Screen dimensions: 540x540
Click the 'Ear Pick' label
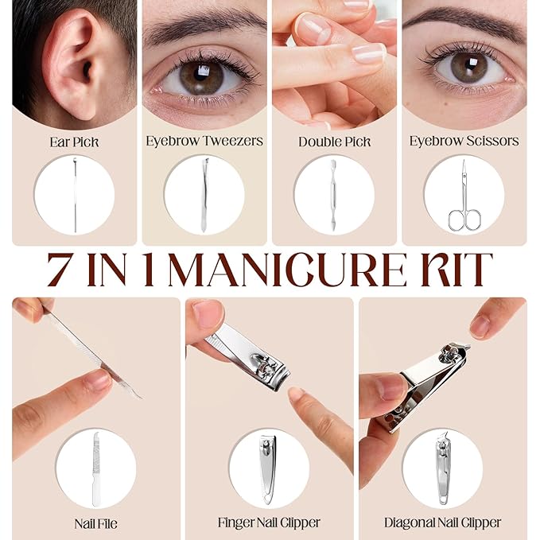(75, 142)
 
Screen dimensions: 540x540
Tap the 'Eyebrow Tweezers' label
(204, 141)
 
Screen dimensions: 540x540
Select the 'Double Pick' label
(334, 142)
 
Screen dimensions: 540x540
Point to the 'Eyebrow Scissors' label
(464, 141)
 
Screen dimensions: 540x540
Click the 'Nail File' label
(95, 524)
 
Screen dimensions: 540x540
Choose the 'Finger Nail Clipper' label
(269, 523)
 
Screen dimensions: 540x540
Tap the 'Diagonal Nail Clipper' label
(442, 523)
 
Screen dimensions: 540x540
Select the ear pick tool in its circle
(75, 195)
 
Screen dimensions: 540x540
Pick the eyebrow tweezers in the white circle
(204, 195)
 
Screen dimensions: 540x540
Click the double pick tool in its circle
(333, 195)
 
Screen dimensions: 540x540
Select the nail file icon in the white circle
(96, 468)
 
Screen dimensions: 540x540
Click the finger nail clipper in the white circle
(268, 470)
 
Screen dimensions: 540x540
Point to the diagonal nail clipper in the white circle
(443, 468)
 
